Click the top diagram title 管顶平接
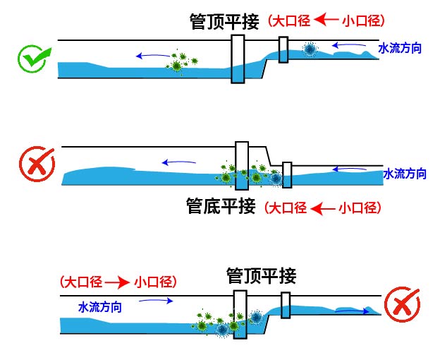[225, 20]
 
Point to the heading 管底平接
[220, 207]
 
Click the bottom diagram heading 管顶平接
[260, 275]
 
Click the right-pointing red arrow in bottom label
[117, 282]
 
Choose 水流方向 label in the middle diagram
[405, 173]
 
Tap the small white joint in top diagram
[283, 49]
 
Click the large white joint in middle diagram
[242, 166]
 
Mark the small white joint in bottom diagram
[286, 306]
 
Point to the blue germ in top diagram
[309, 49]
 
